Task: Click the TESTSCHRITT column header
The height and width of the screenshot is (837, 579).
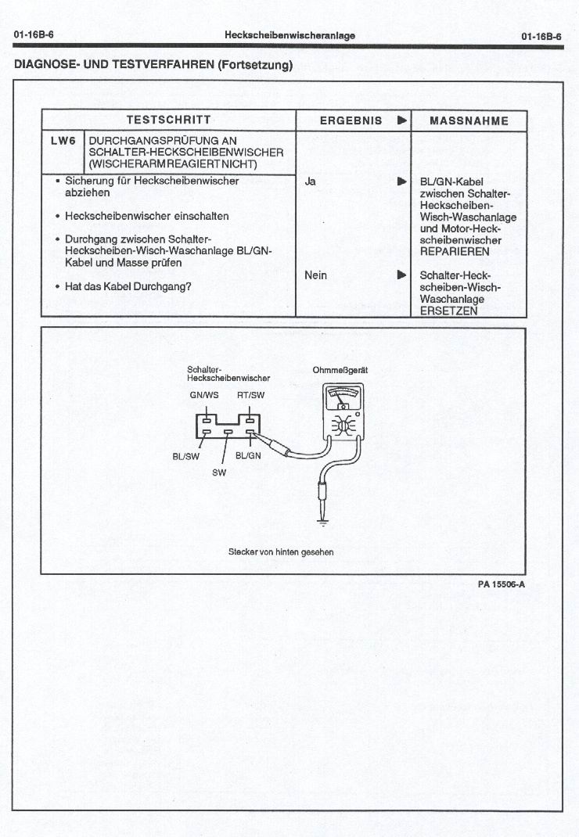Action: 168,120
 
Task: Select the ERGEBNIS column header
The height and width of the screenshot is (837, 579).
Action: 351,120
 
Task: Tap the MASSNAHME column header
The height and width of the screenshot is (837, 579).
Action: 469,121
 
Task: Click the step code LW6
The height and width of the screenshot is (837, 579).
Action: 62,141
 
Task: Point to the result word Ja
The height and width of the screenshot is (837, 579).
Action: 310,181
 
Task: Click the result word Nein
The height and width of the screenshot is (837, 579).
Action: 315,275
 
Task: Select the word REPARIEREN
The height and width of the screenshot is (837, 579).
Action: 455,252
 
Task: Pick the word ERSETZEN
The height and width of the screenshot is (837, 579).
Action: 448,311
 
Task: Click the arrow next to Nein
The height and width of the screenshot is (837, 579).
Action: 401,275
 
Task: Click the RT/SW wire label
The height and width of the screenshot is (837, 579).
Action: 250,395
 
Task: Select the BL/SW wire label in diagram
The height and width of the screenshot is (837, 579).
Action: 186,456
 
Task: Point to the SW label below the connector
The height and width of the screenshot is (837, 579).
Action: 219,472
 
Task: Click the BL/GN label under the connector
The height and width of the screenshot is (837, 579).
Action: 248,456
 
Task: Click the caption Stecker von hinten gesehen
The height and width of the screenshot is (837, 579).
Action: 280,552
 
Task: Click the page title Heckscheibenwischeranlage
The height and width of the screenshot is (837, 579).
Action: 289,35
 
